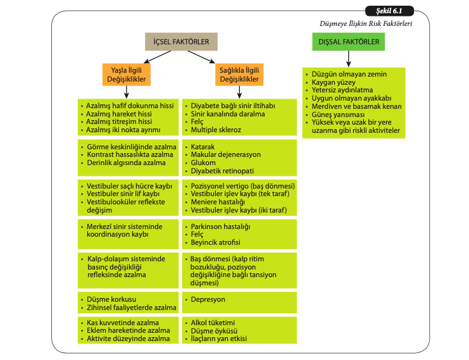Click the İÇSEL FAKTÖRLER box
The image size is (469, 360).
(182, 42)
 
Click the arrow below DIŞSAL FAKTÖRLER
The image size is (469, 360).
(349, 59)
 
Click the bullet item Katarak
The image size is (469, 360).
(203, 146)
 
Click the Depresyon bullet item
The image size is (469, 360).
(208, 299)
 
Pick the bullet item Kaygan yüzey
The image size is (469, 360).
(334, 82)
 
